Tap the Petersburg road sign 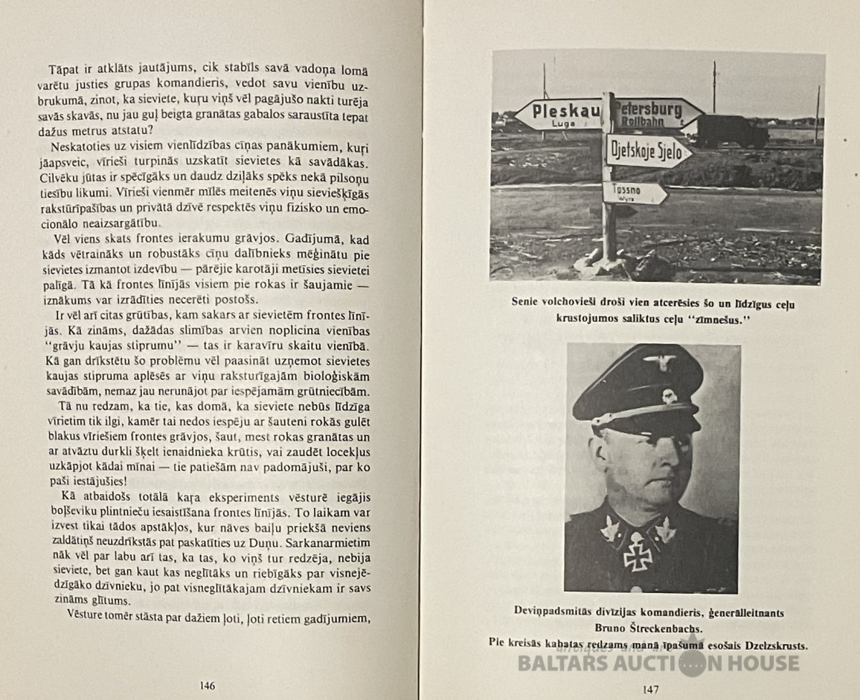coord(656,113)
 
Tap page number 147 coord(650,689)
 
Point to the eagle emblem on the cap coord(658,361)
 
